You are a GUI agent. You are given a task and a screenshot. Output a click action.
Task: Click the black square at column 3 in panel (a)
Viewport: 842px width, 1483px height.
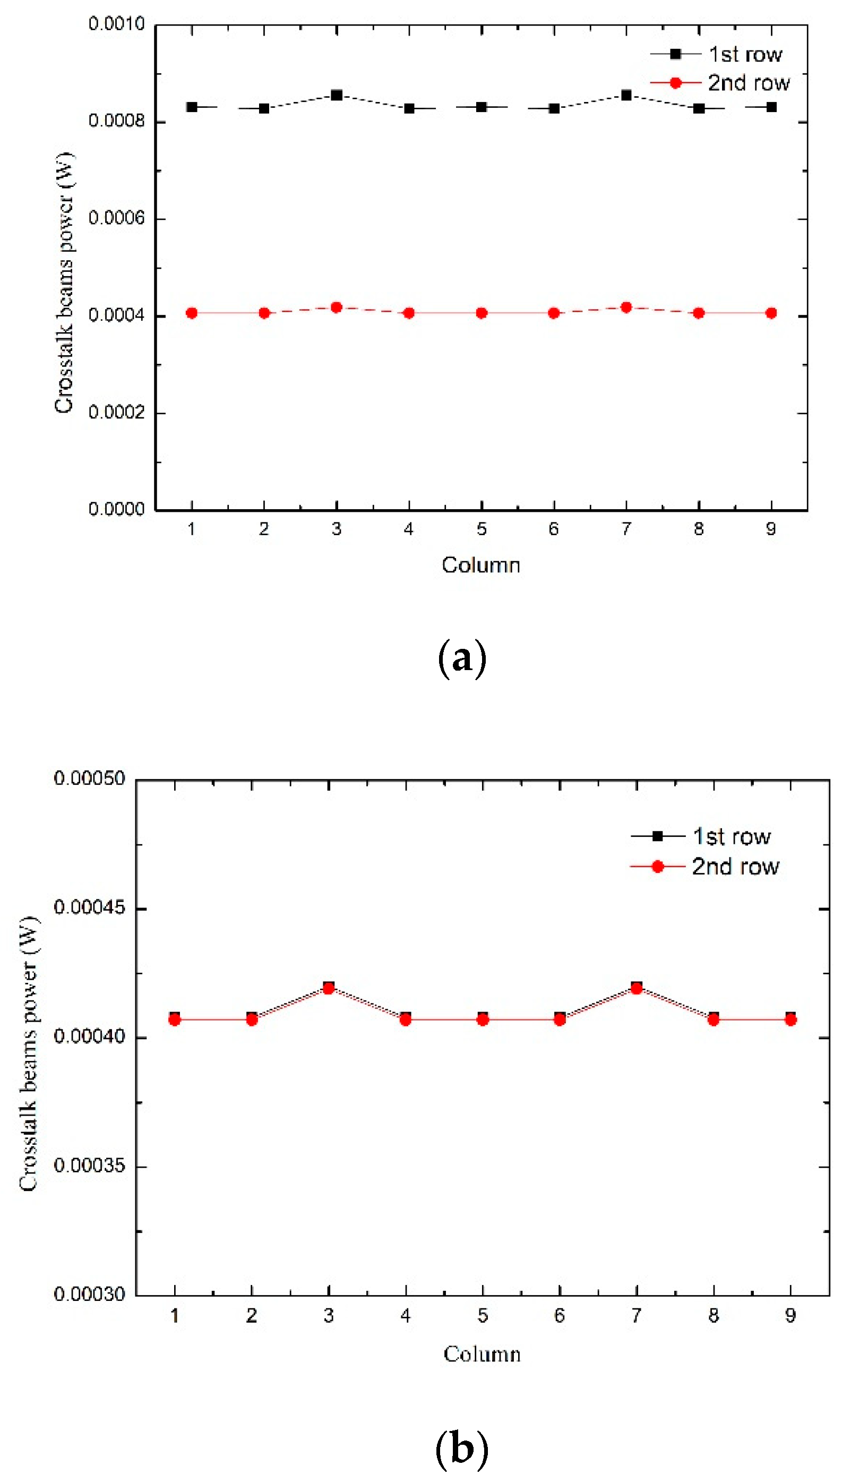click(337, 95)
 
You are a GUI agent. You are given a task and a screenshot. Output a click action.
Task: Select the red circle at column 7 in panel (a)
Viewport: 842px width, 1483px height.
click(626, 307)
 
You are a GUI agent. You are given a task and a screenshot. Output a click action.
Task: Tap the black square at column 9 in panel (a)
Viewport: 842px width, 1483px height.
click(771, 107)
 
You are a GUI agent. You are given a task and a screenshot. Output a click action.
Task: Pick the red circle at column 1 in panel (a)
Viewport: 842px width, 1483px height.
click(192, 313)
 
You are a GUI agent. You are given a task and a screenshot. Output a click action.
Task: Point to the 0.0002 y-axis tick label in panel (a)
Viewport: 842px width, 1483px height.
click(116, 412)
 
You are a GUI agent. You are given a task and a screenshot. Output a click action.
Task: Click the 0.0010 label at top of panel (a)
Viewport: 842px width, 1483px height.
click(116, 24)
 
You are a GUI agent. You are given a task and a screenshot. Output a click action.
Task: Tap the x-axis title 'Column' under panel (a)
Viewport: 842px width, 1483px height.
click(481, 565)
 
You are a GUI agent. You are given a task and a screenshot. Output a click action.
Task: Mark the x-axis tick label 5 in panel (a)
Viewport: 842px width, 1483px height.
click(482, 529)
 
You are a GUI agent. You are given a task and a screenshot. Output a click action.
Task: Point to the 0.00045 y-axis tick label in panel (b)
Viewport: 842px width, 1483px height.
click(89, 907)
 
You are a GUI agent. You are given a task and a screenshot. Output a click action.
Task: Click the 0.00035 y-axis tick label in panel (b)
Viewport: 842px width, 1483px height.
click(89, 1165)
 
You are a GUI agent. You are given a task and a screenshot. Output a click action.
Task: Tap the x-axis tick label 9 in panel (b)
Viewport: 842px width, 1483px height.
click(791, 1316)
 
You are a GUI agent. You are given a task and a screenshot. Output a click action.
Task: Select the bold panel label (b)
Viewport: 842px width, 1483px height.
click(462, 1448)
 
